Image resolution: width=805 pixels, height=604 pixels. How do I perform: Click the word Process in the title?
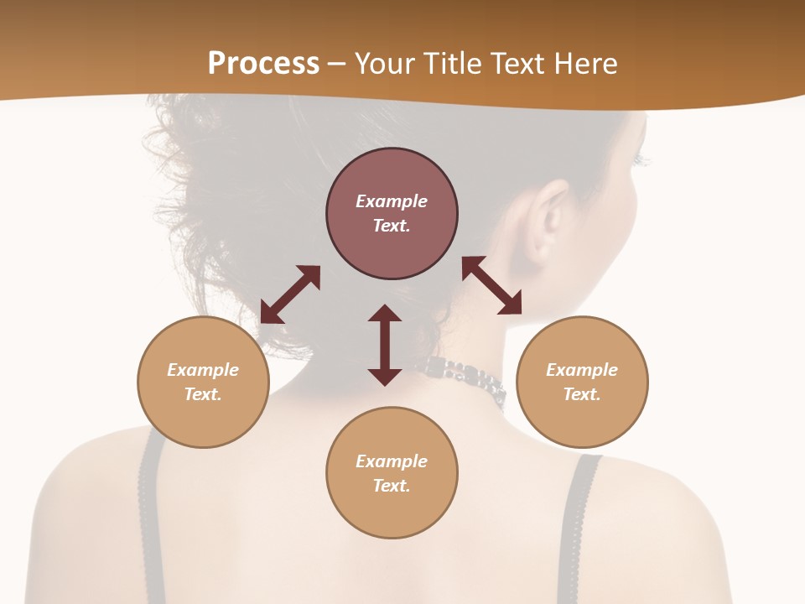[x=263, y=64]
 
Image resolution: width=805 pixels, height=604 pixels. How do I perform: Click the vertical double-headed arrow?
[x=385, y=345]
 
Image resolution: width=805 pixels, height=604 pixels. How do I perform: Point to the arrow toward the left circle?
[x=290, y=294]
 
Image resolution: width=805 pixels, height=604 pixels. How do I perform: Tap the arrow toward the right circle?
[x=492, y=285]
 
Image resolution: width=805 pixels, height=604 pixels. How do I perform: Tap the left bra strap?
[x=151, y=503]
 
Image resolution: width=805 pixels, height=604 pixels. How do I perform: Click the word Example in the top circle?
[x=392, y=201]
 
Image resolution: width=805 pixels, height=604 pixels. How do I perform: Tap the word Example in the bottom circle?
[x=392, y=461]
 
